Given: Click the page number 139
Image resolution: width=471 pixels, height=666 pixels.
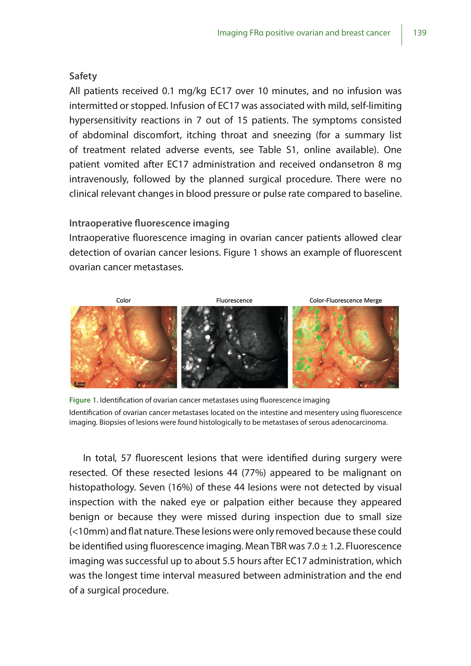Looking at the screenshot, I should [419, 33].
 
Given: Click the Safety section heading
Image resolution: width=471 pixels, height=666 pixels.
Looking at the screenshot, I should [83, 76].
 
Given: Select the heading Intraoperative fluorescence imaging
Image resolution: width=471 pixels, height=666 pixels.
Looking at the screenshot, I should [149, 223].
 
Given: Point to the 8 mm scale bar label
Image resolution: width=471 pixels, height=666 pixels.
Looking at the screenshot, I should [79, 383].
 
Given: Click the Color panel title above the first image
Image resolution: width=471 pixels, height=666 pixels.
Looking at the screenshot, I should [123, 300].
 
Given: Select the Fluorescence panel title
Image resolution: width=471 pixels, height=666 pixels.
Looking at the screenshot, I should [234, 300].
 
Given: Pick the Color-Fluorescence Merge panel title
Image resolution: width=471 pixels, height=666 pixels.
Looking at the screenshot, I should [345, 300].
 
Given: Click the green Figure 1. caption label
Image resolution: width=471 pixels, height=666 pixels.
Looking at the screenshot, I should [84, 400].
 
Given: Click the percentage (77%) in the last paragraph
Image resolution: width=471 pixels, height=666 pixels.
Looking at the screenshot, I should [253, 473].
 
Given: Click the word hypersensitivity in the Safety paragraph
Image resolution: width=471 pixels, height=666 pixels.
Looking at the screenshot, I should [103, 120].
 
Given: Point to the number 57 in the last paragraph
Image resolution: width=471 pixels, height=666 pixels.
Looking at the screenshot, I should [126, 458].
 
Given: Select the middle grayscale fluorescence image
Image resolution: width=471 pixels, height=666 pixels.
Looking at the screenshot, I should [234, 347].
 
